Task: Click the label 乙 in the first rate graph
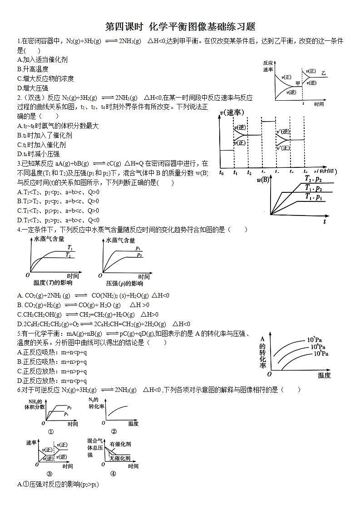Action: point(323,73)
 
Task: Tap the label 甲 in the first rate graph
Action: point(298,83)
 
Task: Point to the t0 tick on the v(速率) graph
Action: point(221,172)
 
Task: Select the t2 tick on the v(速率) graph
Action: point(249,172)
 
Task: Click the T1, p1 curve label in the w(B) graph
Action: point(313,197)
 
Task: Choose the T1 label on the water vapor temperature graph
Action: point(70,247)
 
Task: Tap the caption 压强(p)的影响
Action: point(124,284)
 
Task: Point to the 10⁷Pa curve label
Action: point(314,340)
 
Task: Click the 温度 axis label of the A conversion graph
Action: point(324,375)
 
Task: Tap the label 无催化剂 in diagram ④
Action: point(120,458)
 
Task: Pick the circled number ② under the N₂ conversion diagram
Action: point(114,431)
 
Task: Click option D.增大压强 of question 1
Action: point(33,88)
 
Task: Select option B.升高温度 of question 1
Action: point(33,69)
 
